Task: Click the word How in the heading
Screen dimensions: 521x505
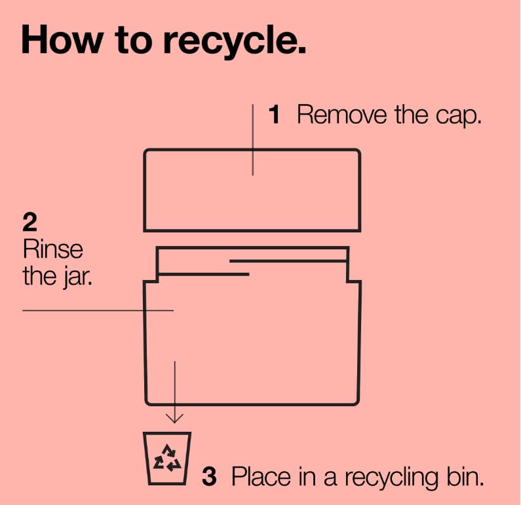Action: coord(62,40)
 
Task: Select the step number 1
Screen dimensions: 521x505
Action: coord(275,114)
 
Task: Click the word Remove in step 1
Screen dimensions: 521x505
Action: coord(342,114)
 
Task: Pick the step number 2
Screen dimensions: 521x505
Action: coord(29,222)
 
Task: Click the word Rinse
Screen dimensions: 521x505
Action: coord(52,249)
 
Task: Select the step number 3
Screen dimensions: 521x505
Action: coord(209,476)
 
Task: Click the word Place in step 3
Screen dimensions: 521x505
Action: coord(261,476)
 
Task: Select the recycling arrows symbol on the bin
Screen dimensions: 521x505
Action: coord(167,459)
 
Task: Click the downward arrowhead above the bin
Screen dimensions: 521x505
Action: coord(174,419)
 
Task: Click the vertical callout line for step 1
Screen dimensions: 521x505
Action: coord(253,139)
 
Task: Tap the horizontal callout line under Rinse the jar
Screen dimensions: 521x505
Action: coord(98,311)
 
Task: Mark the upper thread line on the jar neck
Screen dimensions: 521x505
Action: coord(288,261)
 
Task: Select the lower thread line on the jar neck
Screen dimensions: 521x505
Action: coord(204,274)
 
